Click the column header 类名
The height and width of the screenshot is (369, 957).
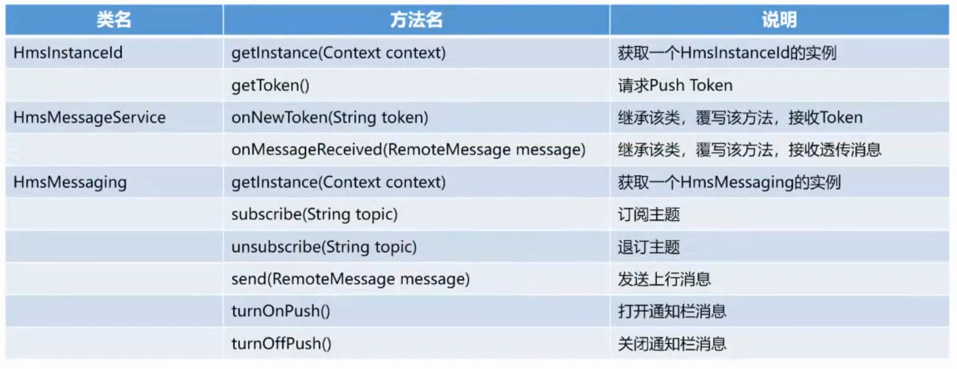[x=114, y=20]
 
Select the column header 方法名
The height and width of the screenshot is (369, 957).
[x=416, y=20]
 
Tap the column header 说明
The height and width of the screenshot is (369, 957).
[x=779, y=20]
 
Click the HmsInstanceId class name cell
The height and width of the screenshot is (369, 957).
[x=68, y=53]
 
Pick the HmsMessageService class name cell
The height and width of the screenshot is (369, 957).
[x=90, y=117]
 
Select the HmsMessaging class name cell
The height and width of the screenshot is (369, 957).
[x=70, y=182]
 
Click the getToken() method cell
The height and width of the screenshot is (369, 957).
[x=270, y=85]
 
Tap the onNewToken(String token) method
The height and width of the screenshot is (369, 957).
[x=330, y=117]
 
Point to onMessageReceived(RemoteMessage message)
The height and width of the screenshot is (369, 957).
[x=409, y=149]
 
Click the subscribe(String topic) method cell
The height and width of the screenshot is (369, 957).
[x=315, y=214]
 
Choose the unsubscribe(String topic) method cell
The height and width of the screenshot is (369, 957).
[x=324, y=247]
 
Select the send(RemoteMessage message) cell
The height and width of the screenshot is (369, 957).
[x=351, y=279]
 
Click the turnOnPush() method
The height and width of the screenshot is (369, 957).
[x=281, y=311]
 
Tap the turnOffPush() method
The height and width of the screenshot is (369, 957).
[x=281, y=344]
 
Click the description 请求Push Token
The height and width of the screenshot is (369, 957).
[x=675, y=85]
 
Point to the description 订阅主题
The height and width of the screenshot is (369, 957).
[x=649, y=214]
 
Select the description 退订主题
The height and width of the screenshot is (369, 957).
[x=649, y=247]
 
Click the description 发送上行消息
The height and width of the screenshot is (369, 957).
[x=665, y=279]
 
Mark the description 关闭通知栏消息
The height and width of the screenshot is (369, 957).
[x=672, y=344]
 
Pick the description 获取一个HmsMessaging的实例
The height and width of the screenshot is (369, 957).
[x=729, y=182]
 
